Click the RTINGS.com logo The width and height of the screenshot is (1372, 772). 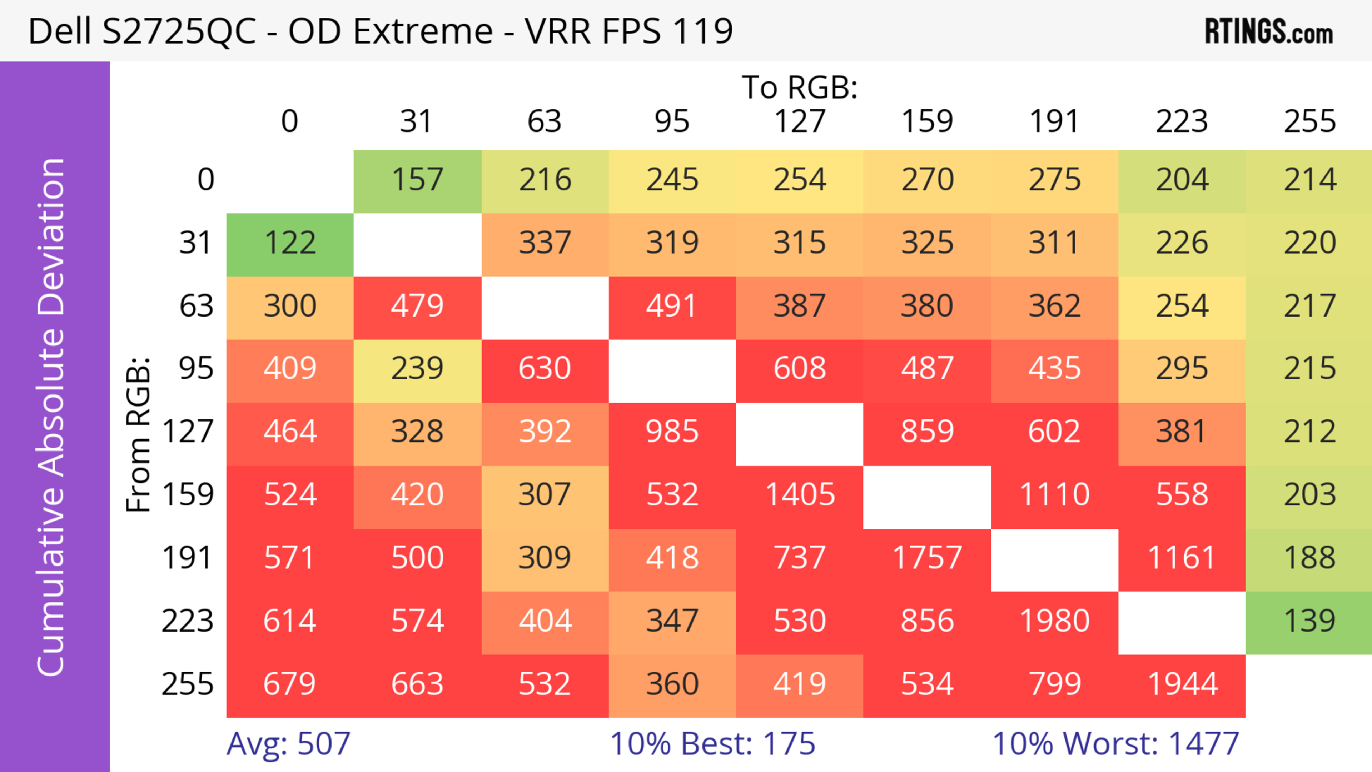pos(1269,31)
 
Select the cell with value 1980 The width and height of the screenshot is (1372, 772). pos(1055,621)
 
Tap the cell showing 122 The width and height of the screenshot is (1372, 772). pos(290,243)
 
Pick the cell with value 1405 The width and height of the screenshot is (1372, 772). pos(800,495)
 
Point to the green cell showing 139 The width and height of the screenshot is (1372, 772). pos(1309,621)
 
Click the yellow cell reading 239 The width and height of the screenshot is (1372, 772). pos(418,368)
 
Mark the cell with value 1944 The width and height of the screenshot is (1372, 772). pos(1182,684)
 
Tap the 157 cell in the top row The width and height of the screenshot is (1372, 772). pos(418,180)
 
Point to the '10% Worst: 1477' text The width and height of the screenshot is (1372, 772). pos(1115,744)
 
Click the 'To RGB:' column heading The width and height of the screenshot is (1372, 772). pos(800,87)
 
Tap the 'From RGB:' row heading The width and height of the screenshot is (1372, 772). pos(139,434)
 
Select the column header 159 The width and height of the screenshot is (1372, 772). pos(927,121)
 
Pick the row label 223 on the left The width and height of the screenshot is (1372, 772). pos(188,621)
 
